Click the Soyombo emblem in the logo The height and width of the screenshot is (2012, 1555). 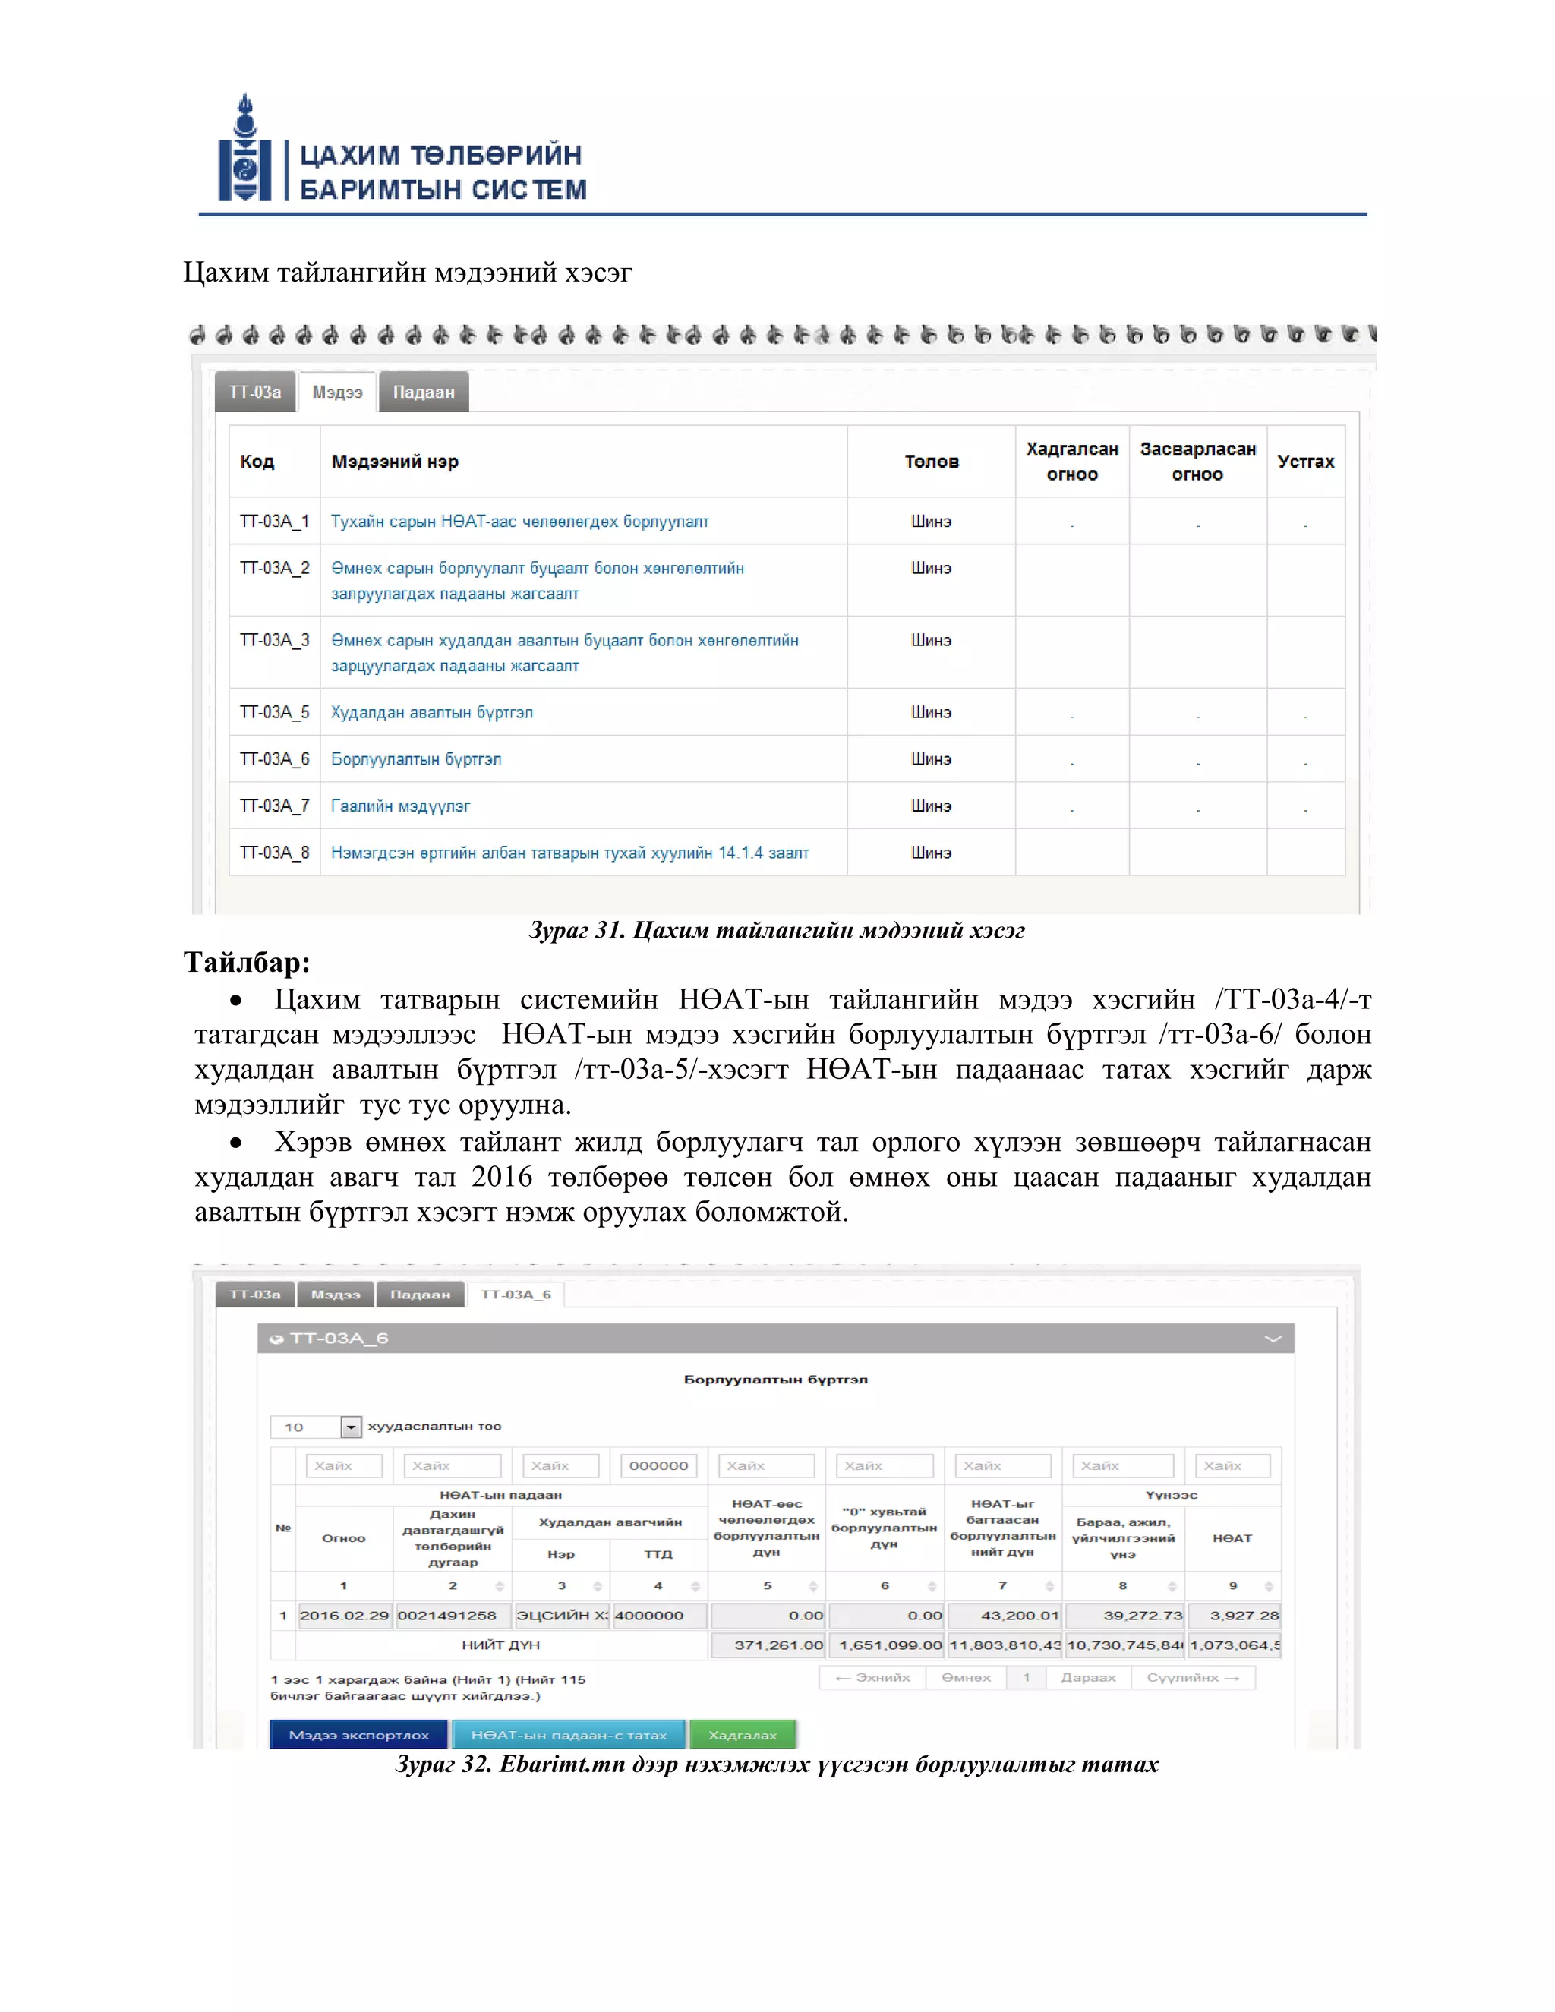click(x=245, y=150)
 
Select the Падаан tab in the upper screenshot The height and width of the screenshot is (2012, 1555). click(x=424, y=393)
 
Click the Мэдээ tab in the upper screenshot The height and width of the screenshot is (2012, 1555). click(x=337, y=393)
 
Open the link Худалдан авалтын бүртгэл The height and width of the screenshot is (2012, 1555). click(x=432, y=712)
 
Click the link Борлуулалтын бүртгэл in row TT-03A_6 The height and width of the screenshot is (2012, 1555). click(x=416, y=759)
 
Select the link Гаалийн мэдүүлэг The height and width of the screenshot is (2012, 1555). click(x=401, y=806)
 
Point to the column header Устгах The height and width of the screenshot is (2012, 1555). click(x=1305, y=462)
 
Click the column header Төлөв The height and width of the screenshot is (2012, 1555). click(x=932, y=462)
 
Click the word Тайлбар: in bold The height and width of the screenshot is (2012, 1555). click(x=247, y=963)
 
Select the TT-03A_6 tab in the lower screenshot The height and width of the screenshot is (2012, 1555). click(x=516, y=1295)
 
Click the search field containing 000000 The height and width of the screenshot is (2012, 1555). click(x=658, y=1465)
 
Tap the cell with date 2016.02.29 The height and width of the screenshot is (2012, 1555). click(x=345, y=1615)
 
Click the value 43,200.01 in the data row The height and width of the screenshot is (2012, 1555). click(x=1004, y=1615)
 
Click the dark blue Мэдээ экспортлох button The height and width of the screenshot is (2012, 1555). click(x=358, y=1735)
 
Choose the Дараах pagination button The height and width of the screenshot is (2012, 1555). click(x=1088, y=1678)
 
